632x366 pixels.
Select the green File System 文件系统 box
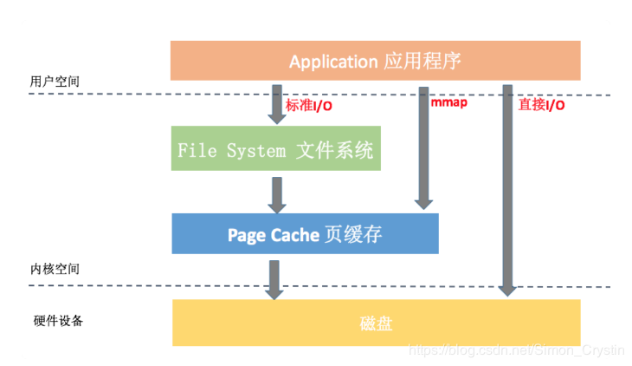[275, 149]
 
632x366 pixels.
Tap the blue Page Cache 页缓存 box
[305, 234]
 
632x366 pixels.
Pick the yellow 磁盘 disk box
[376, 323]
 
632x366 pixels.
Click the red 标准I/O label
[309, 106]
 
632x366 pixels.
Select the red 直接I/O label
[541, 105]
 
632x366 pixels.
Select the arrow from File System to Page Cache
[276, 194]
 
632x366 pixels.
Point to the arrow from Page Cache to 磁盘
[274, 278]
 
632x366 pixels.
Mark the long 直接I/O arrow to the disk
[507, 186]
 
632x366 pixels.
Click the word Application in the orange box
[333, 62]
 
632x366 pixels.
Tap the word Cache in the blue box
[295, 234]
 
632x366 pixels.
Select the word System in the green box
[255, 150]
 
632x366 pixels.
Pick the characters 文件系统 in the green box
[334, 149]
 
